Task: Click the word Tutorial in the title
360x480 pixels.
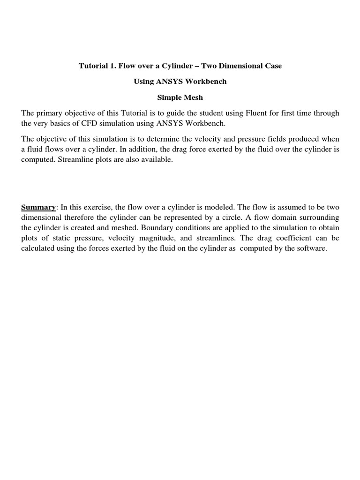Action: coord(93,66)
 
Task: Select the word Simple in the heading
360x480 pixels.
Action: coord(168,97)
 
